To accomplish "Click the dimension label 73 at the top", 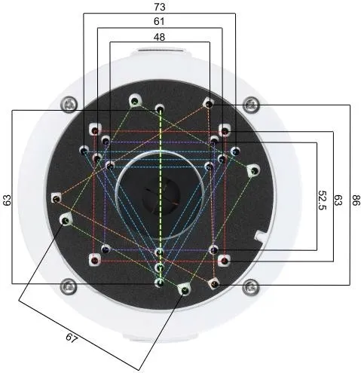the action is [x=160, y=7].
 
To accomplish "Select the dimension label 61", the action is [x=159, y=21].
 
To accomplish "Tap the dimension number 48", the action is [x=160, y=37].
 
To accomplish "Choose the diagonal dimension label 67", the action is [x=72, y=338].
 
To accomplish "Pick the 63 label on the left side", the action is [x=7, y=200].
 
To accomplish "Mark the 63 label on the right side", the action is [x=338, y=200].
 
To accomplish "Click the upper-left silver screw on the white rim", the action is [x=70, y=104].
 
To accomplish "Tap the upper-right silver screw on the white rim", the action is [x=251, y=104].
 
